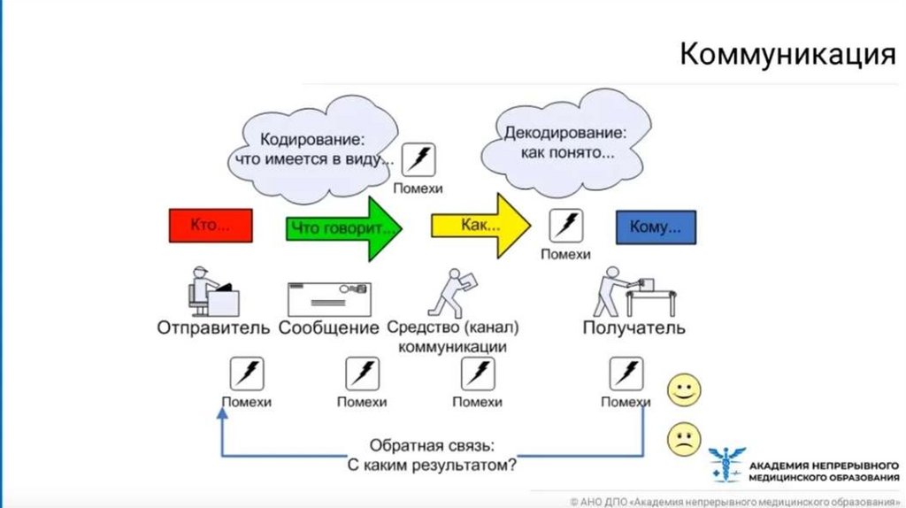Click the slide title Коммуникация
click(x=787, y=55)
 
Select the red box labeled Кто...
click(x=211, y=226)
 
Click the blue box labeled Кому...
click(x=655, y=227)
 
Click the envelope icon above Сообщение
click(x=329, y=299)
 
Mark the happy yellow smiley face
click(x=684, y=390)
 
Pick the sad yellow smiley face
click(x=684, y=439)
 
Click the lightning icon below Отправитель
click(x=246, y=373)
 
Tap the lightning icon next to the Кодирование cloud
click(x=418, y=160)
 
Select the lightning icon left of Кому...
click(x=565, y=226)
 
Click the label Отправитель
click(x=213, y=328)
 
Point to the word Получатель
click(x=633, y=328)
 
